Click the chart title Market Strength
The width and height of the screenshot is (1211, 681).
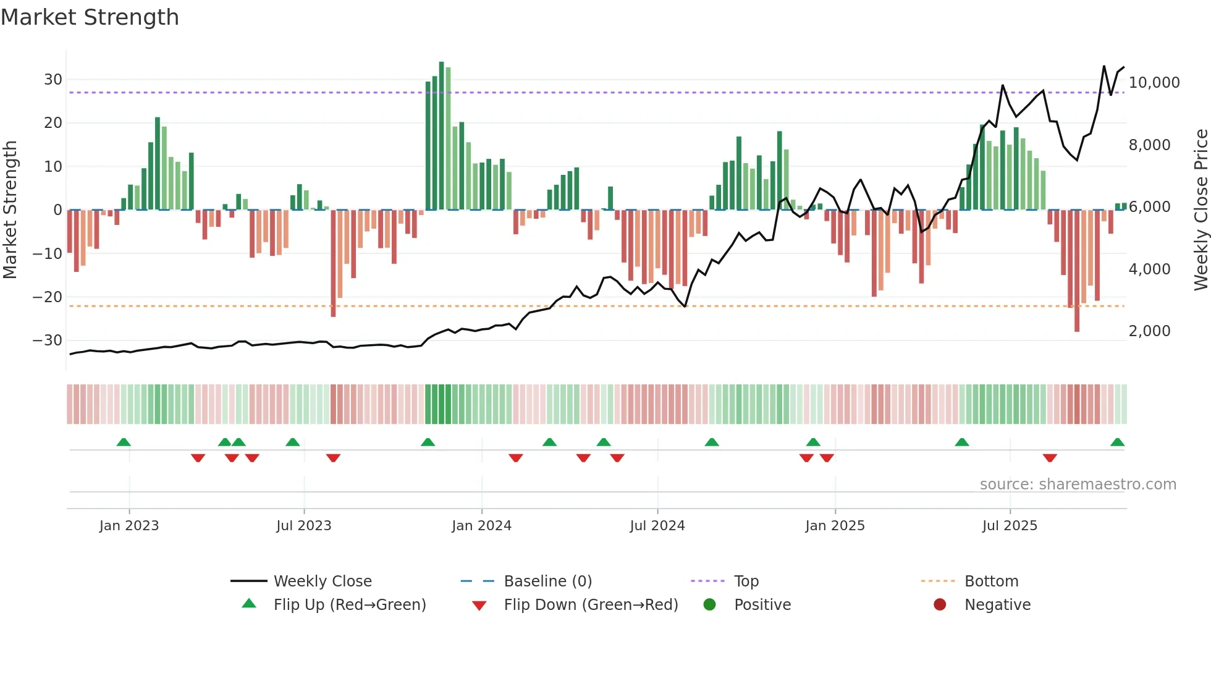(90, 17)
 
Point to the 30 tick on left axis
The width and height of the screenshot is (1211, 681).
(53, 80)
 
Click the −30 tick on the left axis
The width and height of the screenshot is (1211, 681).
(48, 340)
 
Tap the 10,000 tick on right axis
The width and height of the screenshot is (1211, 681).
(1154, 83)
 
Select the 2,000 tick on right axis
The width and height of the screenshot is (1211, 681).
(1149, 331)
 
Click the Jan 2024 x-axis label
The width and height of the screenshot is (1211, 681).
(481, 526)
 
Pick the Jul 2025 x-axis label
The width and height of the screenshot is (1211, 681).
(1010, 526)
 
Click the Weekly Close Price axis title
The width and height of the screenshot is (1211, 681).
(1200, 210)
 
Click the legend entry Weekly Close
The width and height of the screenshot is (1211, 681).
(322, 582)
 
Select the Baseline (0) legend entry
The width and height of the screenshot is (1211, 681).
(547, 582)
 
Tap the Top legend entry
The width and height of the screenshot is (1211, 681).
(746, 582)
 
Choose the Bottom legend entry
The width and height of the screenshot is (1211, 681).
(991, 582)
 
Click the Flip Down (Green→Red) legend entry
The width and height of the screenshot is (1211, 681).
(590, 605)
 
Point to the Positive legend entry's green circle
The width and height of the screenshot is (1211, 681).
(709, 605)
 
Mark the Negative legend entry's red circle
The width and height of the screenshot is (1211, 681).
(940, 605)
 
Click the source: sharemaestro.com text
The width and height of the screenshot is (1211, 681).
(1078, 484)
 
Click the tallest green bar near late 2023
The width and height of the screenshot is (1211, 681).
(441, 136)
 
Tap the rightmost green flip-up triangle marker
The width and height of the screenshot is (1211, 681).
(1117, 442)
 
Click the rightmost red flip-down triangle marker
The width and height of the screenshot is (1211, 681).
(1050, 458)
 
